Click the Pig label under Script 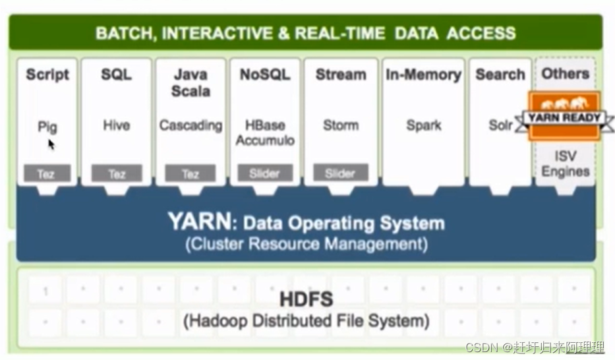tap(47, 127)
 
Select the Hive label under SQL tap(116, 125)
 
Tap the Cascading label tap(190, 125)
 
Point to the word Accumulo tap(265, 140)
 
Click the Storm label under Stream tap(341, 125)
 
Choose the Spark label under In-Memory tap(423, 125)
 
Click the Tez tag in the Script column tap(46, 174)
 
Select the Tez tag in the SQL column tap(116, 174)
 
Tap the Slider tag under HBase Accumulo tap(265, 174)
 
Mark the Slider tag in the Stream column tap(341, 174)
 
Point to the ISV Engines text tap(566, 164)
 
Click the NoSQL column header tap(265, 75)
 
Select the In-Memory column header tap(423, 75)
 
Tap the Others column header tap(566, 73)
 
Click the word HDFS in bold tap(307, 299)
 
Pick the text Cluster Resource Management tap(306, 244)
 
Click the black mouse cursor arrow tap(51, 144)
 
